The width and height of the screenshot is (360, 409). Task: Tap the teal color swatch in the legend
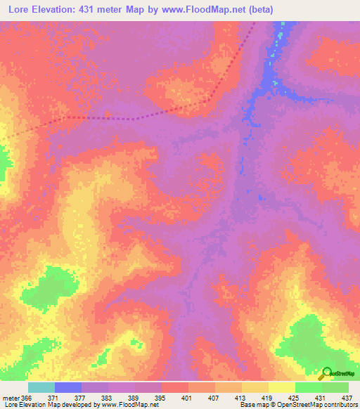click(x=41, y=387)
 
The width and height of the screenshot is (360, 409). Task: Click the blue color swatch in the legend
click(x=68, y=387)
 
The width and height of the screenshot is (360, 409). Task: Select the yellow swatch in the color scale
click(x=281, y=387)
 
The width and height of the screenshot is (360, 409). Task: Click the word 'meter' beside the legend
click(x=11, y=398)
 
